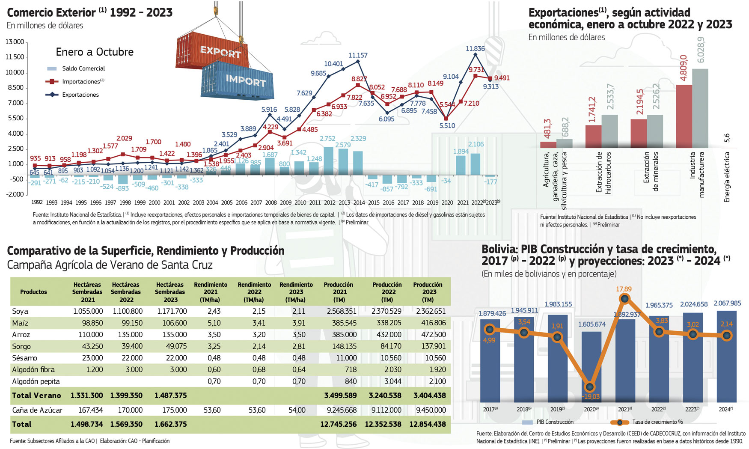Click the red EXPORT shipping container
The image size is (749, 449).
click(x=212, y=52)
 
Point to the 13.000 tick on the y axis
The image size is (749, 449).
click(x=15, y=42)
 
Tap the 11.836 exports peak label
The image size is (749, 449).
click(x=475, y=49)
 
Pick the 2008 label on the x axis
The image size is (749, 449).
click(x=271, y=202)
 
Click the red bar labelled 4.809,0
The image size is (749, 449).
click(x=684, y=116)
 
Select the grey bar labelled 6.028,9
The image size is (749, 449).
click(x=700, y=108)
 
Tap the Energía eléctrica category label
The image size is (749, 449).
click(x=727, y=177)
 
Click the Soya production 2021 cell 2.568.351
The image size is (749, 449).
click(x=342, y=311)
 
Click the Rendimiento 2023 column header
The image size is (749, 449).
click(x=296, y=292)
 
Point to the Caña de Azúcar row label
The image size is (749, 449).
click(x=37, y=410)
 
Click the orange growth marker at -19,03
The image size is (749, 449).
click(x=590, y=387)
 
